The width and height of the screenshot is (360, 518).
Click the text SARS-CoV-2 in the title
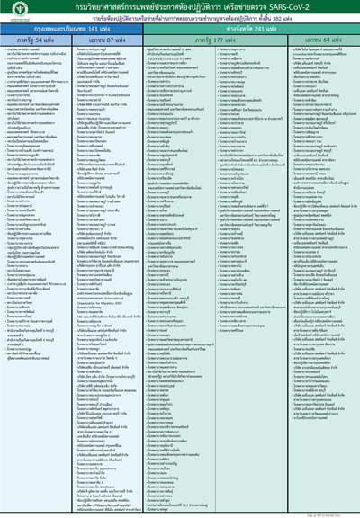pos(285,8)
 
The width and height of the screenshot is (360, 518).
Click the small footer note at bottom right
pos(334,512)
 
